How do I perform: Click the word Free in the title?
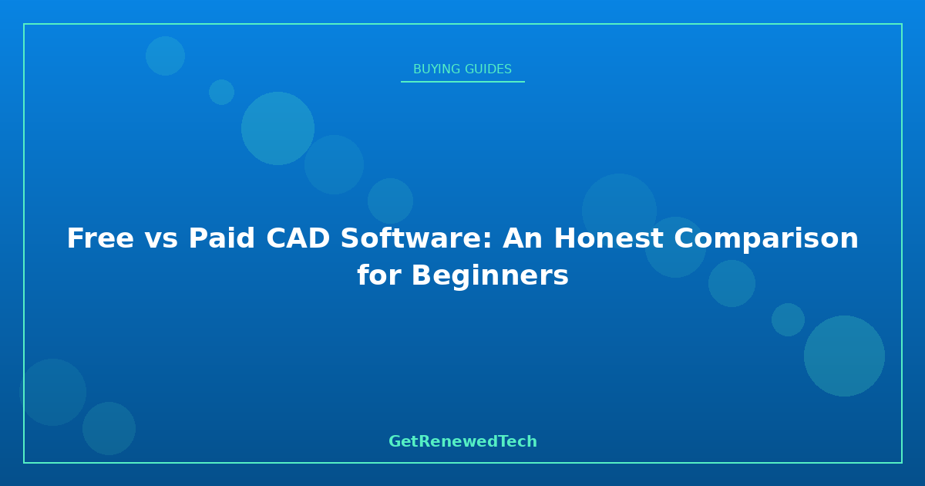coord(100,238)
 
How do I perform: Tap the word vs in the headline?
coord(161,241)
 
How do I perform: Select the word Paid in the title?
coord(221,238)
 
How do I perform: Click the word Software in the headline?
coord(412,238)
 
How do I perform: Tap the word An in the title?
coord(523,238)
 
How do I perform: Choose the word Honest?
coord(608,238)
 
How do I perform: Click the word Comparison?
coord(766,239)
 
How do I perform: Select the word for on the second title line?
coord(379,275)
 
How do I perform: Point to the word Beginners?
coord(490,275)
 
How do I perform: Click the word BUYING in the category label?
coord(436,69)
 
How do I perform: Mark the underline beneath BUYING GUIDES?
coord(462,82)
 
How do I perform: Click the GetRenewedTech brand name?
coord(462,441)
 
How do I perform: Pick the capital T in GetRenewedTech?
coord(504,441)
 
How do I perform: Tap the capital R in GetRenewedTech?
coord(425,441)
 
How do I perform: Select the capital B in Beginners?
coord(422,275)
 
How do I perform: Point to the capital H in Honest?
coord(564,238)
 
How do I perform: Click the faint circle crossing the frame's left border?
coord(53,392)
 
